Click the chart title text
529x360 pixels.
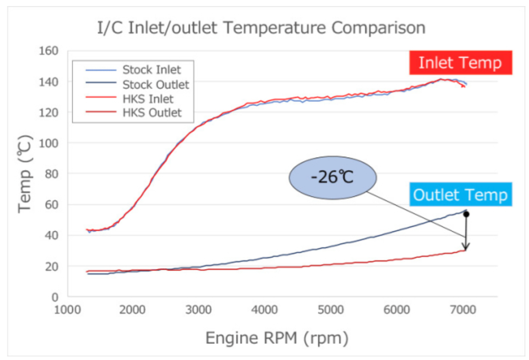261,28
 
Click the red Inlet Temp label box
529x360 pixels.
460,63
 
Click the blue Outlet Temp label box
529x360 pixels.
460,195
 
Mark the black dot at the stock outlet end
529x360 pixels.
466,214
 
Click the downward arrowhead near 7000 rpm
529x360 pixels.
466,247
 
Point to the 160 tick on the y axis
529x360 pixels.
52,51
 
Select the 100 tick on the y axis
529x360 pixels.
52,143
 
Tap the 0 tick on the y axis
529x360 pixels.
55,297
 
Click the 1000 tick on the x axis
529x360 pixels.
67,310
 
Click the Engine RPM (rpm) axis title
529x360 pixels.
277,338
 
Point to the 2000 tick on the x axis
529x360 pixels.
133,310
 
